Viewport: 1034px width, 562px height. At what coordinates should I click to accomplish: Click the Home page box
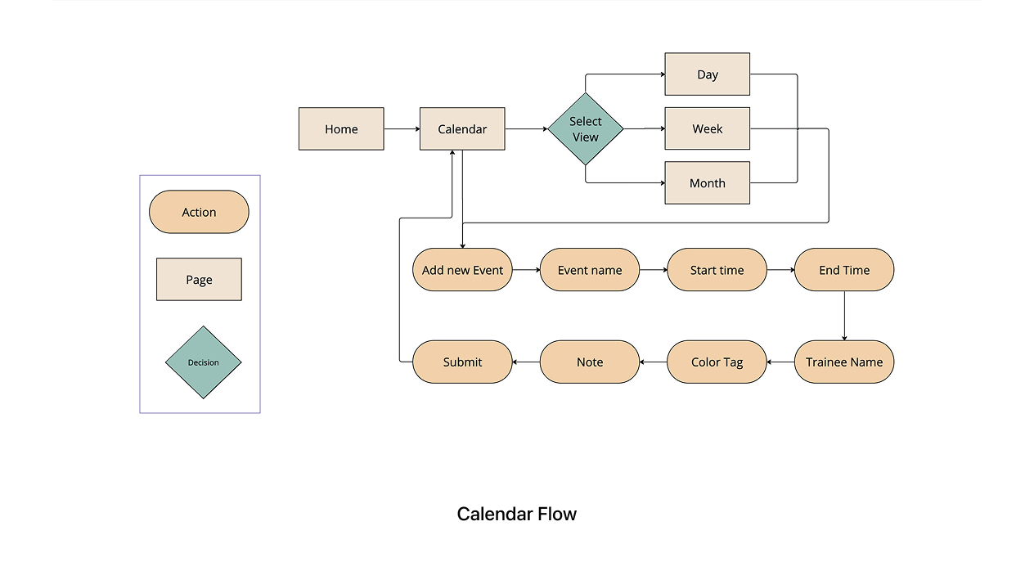341,129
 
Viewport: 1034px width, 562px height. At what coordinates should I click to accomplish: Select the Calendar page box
462,129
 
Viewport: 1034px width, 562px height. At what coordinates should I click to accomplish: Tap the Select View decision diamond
586,129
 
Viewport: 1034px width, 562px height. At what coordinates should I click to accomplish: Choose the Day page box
707,74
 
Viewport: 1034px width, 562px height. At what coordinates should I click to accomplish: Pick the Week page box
707,129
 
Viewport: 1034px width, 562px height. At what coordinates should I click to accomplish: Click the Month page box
707,183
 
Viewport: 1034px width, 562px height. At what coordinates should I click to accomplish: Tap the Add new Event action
462,270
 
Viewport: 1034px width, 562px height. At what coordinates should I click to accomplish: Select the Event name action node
590,270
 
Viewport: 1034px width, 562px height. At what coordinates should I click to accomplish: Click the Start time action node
717,270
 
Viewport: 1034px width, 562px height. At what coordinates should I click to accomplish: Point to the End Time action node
844,270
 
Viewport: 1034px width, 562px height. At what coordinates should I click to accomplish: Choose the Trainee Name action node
844,362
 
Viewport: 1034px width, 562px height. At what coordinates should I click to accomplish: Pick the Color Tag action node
717,362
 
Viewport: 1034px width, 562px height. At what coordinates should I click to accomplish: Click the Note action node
590,362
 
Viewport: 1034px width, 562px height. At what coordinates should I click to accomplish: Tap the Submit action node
462,362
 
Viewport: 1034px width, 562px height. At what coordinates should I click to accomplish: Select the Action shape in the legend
199,212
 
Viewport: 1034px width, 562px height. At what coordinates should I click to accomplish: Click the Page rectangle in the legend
199,280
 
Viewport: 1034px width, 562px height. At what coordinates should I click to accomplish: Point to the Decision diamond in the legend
203,362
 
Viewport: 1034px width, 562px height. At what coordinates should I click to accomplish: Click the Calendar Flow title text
517,515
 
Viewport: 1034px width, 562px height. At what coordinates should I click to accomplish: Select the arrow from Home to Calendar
402,129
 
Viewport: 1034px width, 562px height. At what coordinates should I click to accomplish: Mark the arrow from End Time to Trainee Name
844,315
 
